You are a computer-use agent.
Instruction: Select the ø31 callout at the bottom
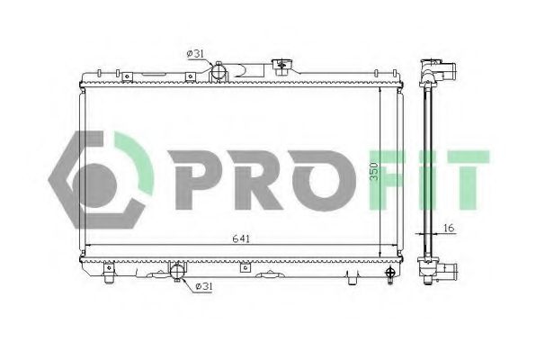[204, 287]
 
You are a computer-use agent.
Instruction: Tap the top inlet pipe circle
[219, 71]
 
